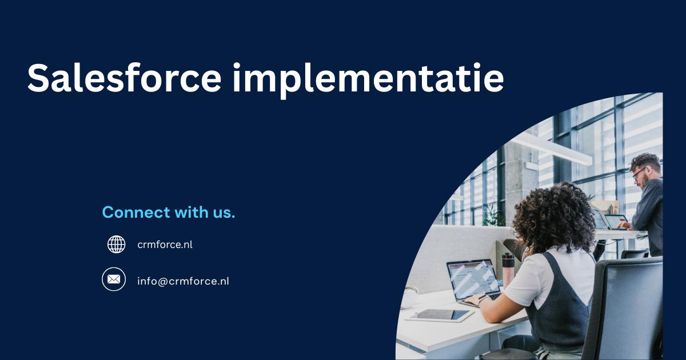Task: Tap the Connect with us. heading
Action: (x=169, y=213)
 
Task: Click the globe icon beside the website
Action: (x=117, y=245)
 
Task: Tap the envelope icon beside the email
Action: (x=114, y=279)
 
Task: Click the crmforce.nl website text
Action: (x=165, y=245)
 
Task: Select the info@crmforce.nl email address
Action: (x=183, y=281)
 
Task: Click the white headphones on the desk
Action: (x=410, y=297)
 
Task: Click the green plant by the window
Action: (x=493, y=215)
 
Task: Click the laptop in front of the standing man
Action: (x=615, y=221)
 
